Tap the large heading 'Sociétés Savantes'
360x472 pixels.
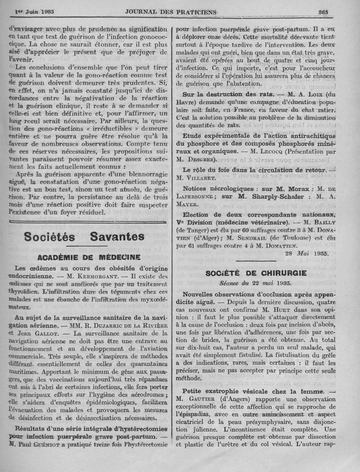(84, 236)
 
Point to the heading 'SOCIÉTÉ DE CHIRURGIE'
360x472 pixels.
(256, 273)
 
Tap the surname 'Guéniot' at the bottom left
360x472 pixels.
(53, 444)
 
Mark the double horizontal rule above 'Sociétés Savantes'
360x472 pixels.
(88, 221)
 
